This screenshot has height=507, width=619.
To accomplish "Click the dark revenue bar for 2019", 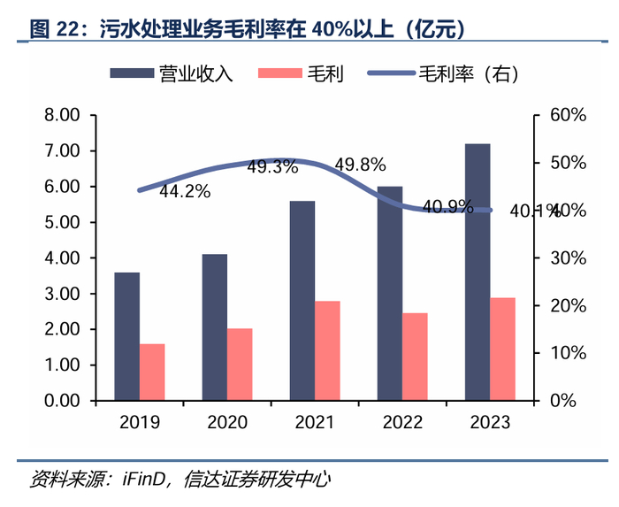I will coord(126,336).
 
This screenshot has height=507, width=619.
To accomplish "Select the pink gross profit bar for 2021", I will coord(326,350).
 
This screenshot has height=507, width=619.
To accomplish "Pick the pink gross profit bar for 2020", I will coord(239,364).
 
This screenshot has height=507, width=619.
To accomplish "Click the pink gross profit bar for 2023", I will coord(502,349).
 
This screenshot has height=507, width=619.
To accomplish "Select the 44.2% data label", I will coord(185,190).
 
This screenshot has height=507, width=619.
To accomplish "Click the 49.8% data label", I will coord(360,165).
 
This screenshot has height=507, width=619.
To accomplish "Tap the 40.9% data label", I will coord(447,207).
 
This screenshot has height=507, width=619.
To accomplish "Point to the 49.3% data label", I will coord(272,166).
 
